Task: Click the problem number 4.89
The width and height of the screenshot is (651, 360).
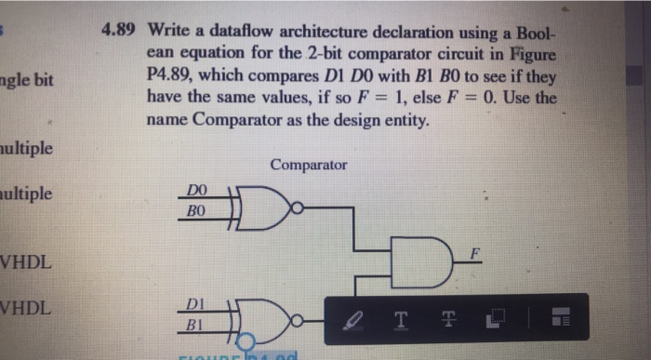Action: coord(118,29)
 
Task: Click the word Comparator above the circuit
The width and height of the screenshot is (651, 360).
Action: coord(309,165)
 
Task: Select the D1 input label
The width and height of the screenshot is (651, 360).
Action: coord(193,303)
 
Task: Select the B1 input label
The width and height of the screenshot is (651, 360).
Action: coord(193,325)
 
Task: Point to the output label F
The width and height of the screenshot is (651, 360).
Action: coord(474,254)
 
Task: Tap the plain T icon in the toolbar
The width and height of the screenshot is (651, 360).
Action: coord(402,320)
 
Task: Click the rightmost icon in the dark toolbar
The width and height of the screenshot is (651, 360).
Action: coord(559,320)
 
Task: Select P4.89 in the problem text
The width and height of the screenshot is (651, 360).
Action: coord(171,74)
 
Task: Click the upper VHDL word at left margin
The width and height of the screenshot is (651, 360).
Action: coord(26,263)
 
